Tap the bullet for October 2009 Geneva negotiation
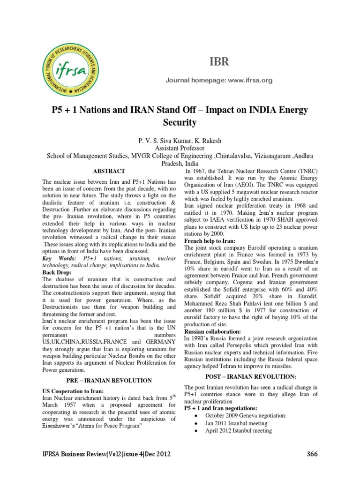click(195, 415)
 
